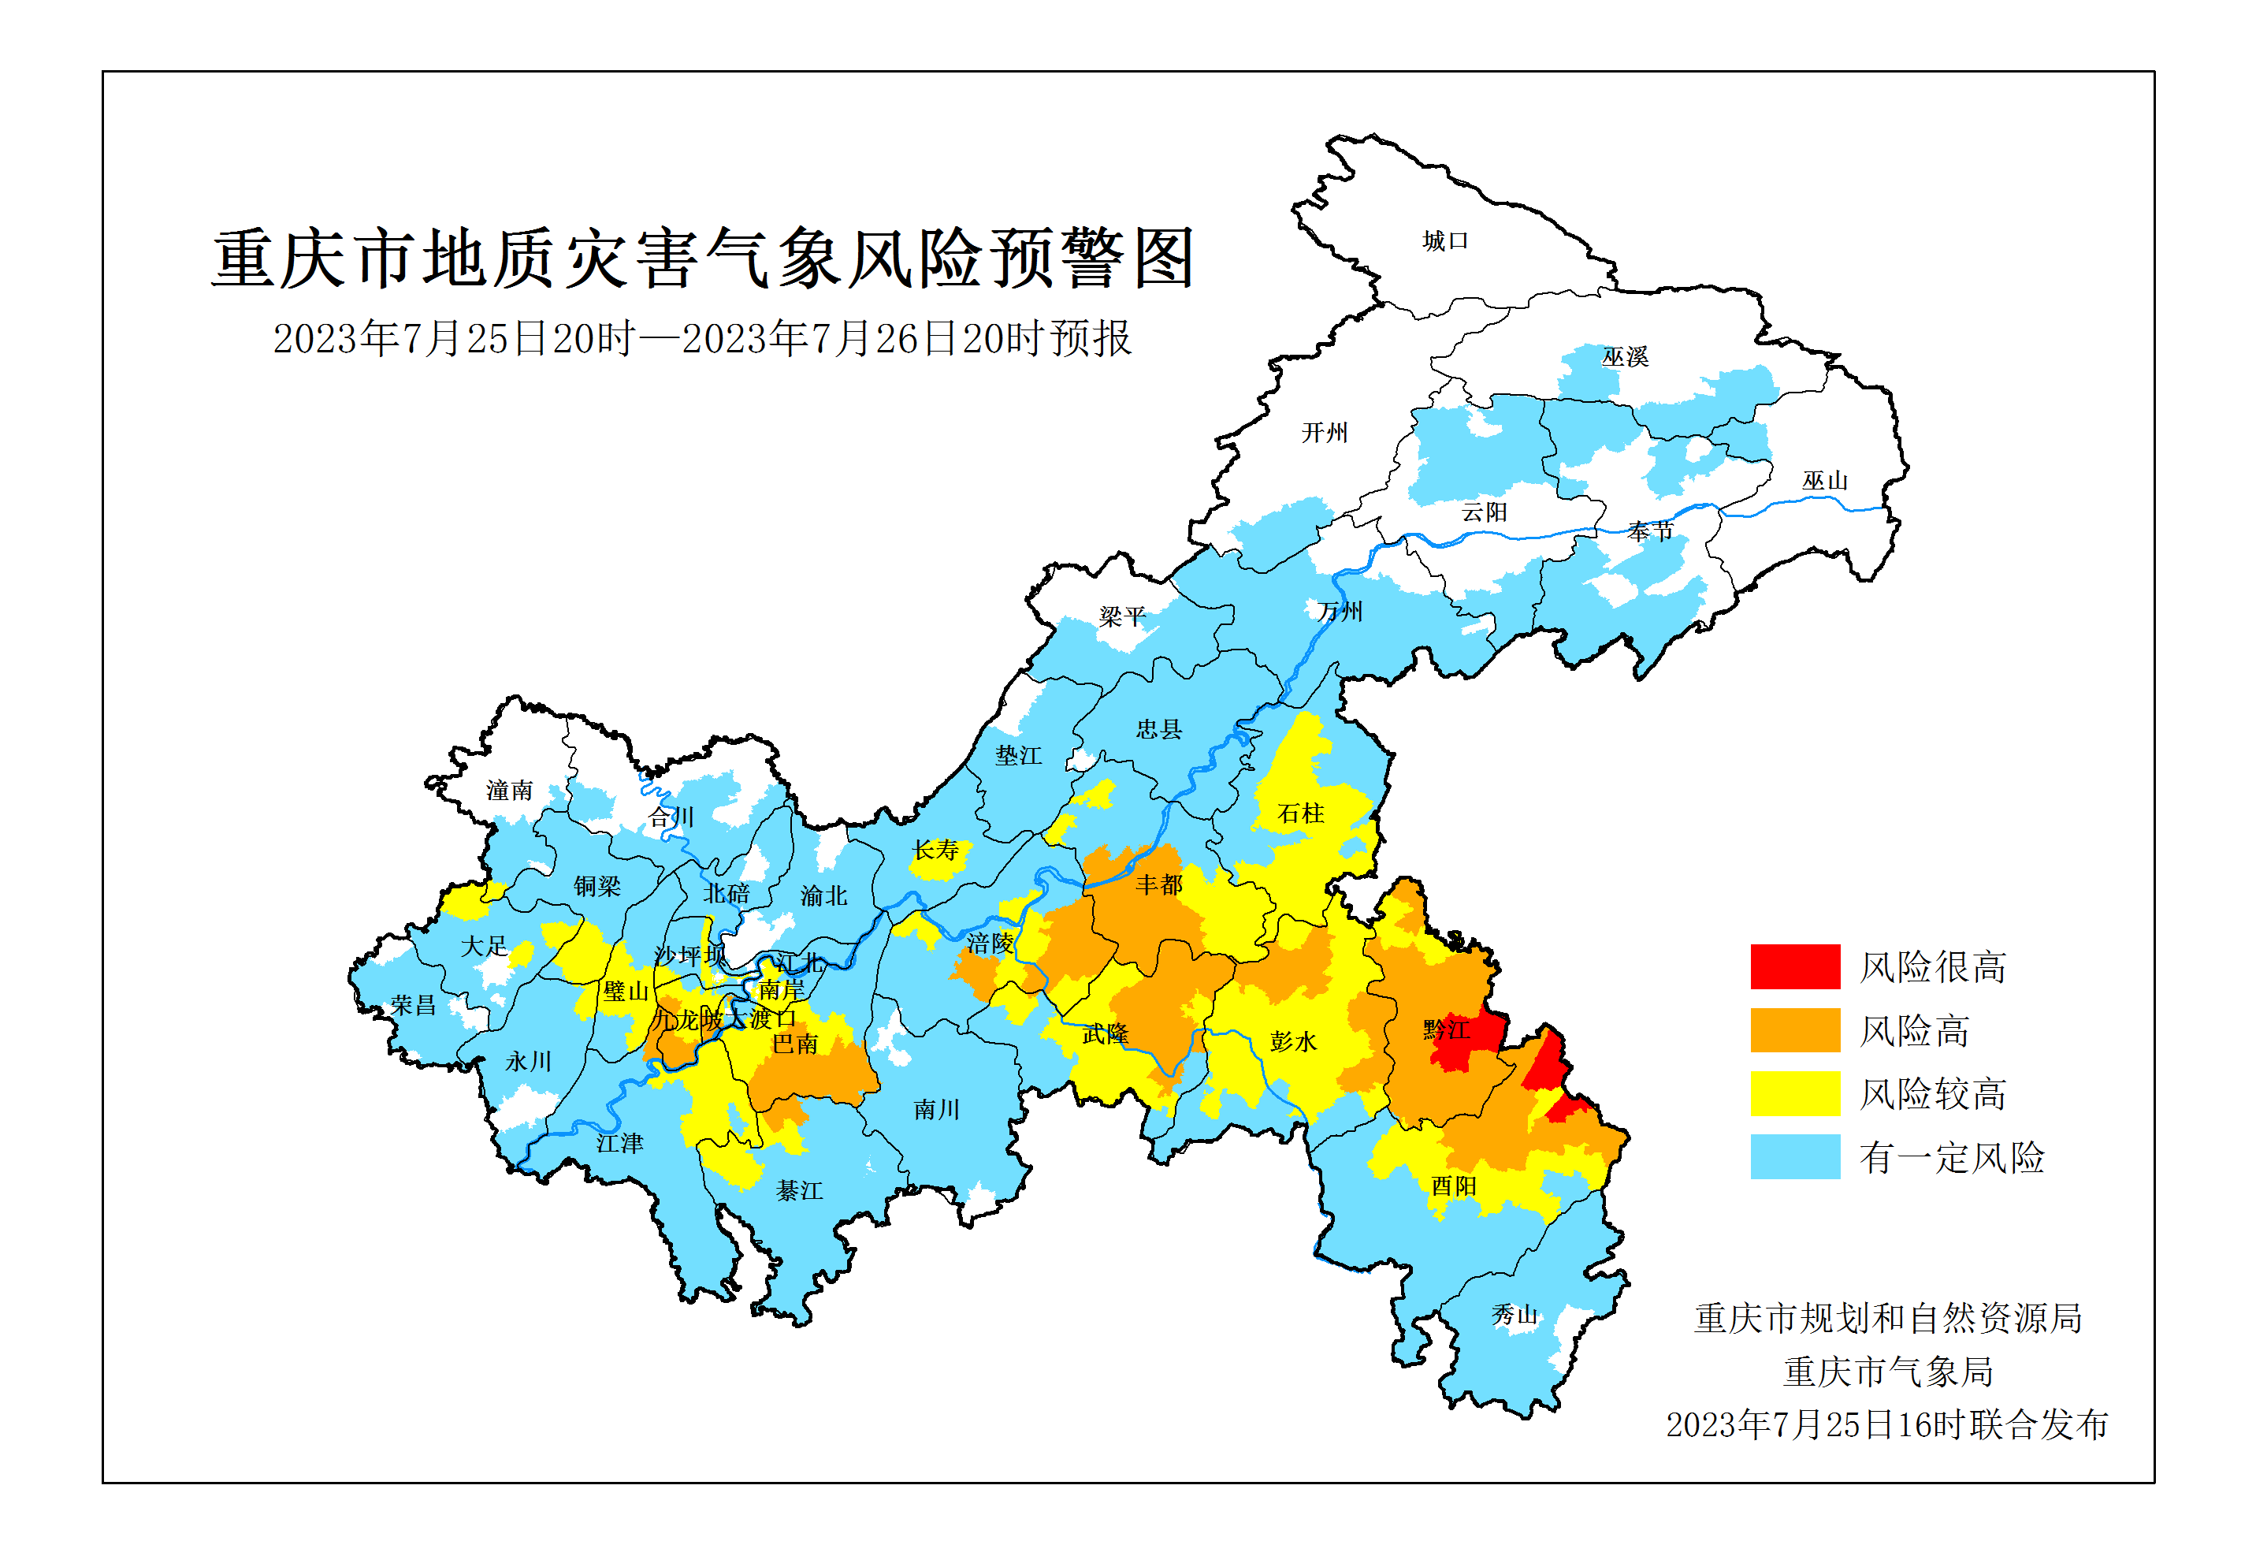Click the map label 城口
click(x=1444, y=241)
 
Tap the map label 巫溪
click(x=1625, y=357)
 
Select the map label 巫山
click(x=1824, y=481)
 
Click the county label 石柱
click(x=1300, y=813)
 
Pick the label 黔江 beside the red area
click(x=1445, y=1029)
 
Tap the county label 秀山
click(x=1514, y=1315)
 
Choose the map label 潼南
click(x=510, y=790)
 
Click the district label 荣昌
click(x=412, y=1005)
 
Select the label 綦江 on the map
click(x=799, y=1190)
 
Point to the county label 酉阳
click(x=1453, y=1186)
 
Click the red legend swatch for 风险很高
click(x=1794, y=967)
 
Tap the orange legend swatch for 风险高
click(x=1794, y=1030)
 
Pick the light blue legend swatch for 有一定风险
click(x=1794, y=1157)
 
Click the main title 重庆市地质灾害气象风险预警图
click(x=703, y=259)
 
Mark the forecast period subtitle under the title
click(x=701, y=339)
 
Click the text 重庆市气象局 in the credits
click(x=1888, y=1372)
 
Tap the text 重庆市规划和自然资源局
click(x=1888, y=1318)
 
